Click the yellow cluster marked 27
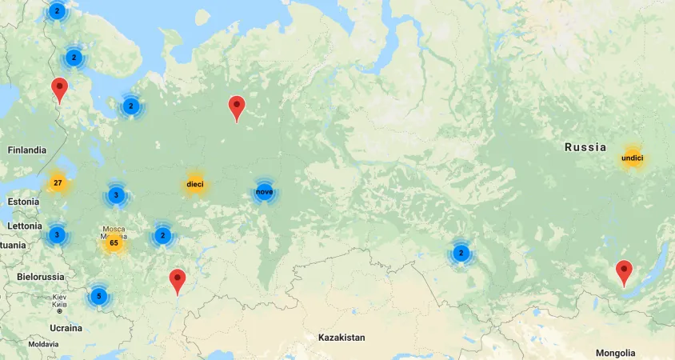coord(58,183)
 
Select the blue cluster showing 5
coord(98,296)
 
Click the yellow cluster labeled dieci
coord(195,185)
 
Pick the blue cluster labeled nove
coord(264,192)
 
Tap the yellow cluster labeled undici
coord(632,158)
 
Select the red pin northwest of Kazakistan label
coord(178,281)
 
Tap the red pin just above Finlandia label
coord(59,90)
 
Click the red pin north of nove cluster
coord(237,107)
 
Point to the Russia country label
coord(585,147)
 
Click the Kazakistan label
coord(341,338)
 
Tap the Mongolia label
coord(615,353)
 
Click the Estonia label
coord(23,202)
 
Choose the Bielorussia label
coord(40,277)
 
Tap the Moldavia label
coord(43,344)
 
